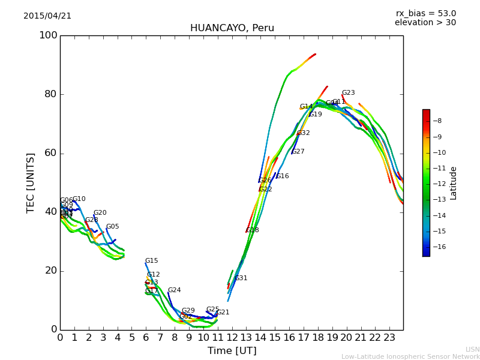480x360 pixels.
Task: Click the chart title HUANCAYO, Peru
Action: (x=232, y=28)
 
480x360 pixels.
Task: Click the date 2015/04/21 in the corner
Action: (x=47, y=16)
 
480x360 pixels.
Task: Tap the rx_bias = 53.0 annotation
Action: (x=425, y=14)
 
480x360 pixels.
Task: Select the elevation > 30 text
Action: (x=425, y=23)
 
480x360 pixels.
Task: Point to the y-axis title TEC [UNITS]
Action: (x=31, y=182)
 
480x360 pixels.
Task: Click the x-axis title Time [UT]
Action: (x=232, y=351)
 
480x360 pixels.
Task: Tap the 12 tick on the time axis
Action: (x=232, y=338)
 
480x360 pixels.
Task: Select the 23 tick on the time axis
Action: (x=389, y=338)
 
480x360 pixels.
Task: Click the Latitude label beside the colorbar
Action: (x=454, y=183)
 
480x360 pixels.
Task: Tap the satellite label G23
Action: (x=348, y=93)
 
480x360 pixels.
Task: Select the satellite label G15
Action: (x=151, y=261)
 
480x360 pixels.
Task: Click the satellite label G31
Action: (x=241, y=278)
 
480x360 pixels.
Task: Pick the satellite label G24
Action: (x=174, y=290)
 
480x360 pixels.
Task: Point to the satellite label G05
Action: (x=112, y=227)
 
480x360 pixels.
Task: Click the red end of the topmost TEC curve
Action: (x=314, y=55)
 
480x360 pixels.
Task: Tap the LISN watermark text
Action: (x=472, y=349)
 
